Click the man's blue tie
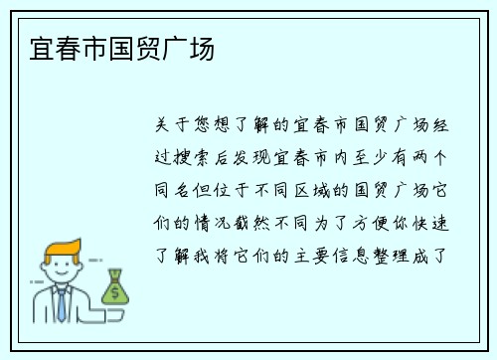coord(62,303)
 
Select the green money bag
coord(114,287)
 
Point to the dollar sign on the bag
coord(115,292)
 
